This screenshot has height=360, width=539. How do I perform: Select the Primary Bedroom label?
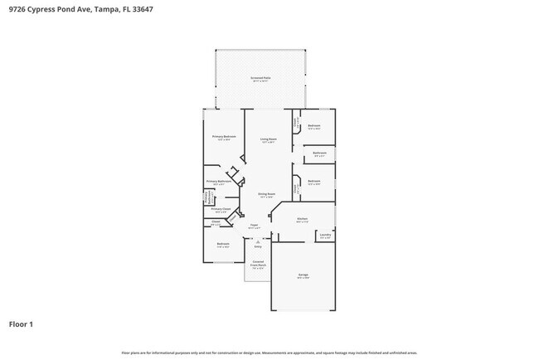[x=224, y=136]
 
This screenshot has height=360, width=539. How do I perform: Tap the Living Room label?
[x=268, y=139]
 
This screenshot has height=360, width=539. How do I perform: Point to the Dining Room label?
[x=266, y=194]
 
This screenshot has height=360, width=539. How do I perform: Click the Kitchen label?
[x=302, y=219]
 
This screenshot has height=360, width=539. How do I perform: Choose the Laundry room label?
[x=325, y=234]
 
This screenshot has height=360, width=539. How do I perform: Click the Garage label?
[x=303, y=275]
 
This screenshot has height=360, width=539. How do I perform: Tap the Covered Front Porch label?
[x=259, y=265]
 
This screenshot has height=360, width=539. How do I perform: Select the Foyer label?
[x=255, y=225]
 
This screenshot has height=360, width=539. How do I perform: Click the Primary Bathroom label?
[x=218, y=181]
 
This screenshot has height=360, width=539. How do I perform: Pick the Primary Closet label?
[x=221, y=209]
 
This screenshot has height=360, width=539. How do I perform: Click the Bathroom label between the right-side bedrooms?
[x=319, y=153]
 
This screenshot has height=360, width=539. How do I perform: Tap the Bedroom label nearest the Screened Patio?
[x=314, y=126]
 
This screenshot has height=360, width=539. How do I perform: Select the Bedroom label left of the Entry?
[x=223, y=244]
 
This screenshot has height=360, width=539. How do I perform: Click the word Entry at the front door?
[x=257, y=246]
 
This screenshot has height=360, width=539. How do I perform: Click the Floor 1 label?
[x=21, y=324]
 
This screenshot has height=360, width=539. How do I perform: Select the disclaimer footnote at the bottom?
[x=269, y=353]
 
